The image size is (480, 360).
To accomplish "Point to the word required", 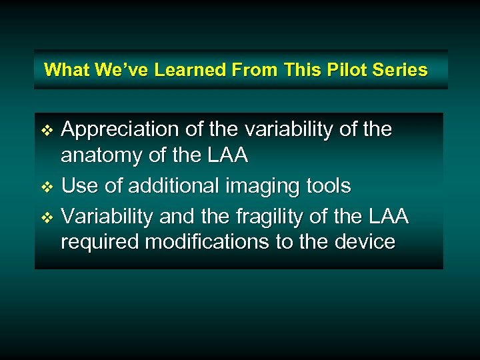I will pyautogui.click(x=100, y=242).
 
